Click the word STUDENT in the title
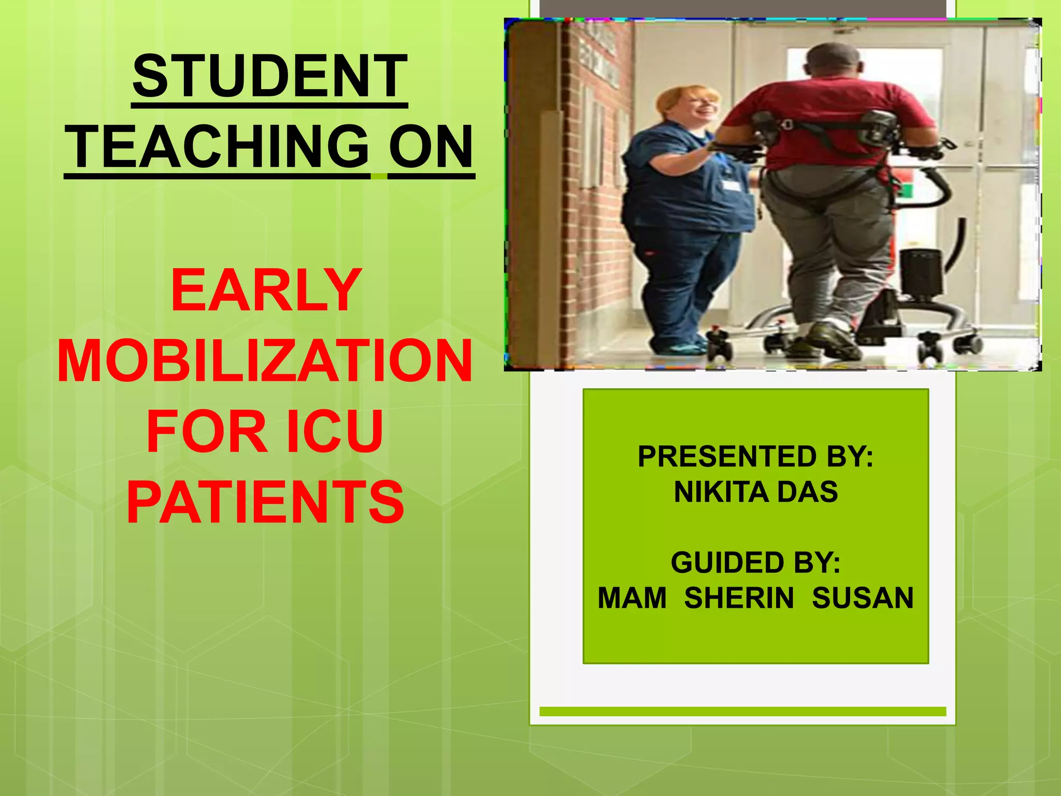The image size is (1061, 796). click(269, 77)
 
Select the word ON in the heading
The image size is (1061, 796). click(431, 147)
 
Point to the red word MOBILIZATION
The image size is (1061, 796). click(265, 361)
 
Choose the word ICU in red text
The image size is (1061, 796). click(335, 432)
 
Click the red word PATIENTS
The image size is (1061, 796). click(265, 502)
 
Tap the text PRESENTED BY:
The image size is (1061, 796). click(755, 457)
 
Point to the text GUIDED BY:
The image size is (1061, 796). click(755, 563)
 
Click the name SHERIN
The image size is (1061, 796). click(739, 598)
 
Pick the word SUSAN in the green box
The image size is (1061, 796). click(863, 598)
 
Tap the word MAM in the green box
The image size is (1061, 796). click(632, 598)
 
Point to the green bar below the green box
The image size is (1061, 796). click(742, 712)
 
